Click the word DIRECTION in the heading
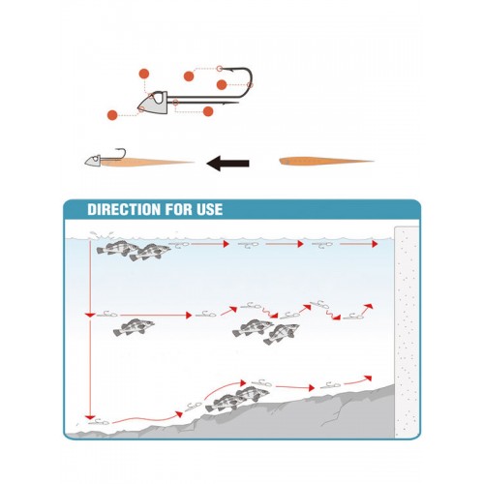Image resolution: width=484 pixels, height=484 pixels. click(x=124, y=209)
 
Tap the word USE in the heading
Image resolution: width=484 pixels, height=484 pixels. click(x=209, y=209)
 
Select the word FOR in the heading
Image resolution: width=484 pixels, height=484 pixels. click(x=179, y=209)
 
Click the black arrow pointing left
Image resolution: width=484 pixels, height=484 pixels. click(x=227, y=163)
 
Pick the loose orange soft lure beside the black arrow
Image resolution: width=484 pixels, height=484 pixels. click(x=326, y=161)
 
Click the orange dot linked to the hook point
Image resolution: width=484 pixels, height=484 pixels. click(x=189, y=76)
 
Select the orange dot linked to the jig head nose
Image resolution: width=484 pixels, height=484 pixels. click(x=112, y=115)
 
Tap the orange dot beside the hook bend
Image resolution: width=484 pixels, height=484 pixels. click(x=222, y=85)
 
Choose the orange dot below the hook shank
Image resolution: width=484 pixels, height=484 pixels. click(x=208, y=111)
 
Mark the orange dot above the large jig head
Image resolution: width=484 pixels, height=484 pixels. click(x=144, y=74)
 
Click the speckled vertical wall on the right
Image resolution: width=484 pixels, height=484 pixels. click(x=407, y=332)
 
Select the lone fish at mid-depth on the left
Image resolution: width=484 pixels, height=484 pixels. click(x=134, y=327)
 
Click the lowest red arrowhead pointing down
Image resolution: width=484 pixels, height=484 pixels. click(x=90, y=417)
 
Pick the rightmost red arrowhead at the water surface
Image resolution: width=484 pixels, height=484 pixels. click(x=375, y=244)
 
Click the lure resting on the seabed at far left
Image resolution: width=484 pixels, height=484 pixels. click(x=99, y=421)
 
